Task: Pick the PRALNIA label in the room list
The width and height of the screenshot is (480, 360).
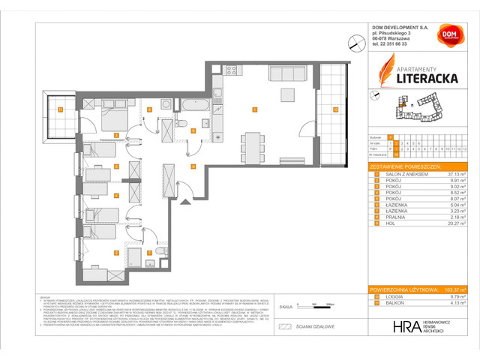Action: tap(391, 215)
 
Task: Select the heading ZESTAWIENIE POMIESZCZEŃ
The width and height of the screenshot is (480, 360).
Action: tap(406, 165)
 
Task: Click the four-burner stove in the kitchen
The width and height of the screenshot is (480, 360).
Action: tap(231, 71)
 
